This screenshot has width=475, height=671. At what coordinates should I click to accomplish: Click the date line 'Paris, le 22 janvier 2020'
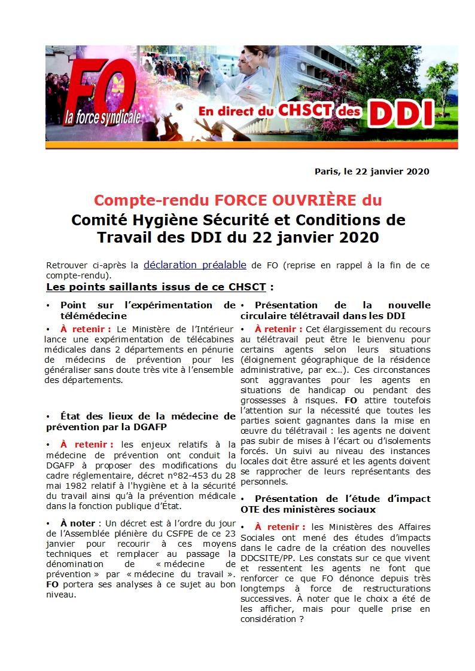point(372,171)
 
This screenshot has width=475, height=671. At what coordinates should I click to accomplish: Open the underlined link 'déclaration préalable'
point(195,264)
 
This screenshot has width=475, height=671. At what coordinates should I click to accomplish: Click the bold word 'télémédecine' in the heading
point(93,315)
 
